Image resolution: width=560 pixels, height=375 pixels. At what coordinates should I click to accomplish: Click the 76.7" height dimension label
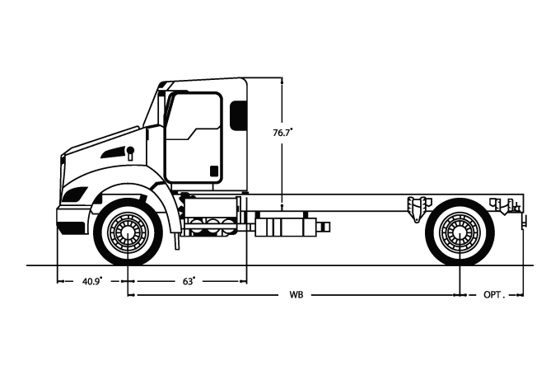tap(282, 133)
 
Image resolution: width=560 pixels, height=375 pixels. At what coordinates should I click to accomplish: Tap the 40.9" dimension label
tap(92, 281)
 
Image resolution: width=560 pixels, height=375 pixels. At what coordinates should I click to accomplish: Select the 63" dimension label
tap(189, 281)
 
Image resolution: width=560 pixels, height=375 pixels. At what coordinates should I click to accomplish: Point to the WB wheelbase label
tap(296, 295)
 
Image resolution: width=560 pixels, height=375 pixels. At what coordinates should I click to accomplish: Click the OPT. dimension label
tap(494, 295)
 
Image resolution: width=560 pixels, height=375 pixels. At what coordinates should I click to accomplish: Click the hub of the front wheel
tap(128, 232)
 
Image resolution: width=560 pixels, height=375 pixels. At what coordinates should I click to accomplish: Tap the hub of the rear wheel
tap(460, 232)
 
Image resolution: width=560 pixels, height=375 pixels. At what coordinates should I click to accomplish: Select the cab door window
tap(194, 117)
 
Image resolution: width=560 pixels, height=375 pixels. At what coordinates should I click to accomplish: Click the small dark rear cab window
tap(238, 115)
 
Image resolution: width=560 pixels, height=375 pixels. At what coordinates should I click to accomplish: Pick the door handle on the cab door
tap(214, 171)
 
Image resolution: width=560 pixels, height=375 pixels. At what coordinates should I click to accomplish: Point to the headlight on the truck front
tap(76, 194)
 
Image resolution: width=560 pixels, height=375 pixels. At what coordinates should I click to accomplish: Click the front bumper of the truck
tap(72, 220)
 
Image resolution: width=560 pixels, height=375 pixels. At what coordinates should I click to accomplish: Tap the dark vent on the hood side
tap(113, 153)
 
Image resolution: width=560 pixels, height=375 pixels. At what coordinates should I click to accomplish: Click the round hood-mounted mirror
tap(130, 150)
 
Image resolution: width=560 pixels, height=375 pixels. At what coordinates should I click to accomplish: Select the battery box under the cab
tap(211, 209)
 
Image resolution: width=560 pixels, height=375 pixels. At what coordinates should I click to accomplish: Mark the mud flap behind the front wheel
tap(177, 240)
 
